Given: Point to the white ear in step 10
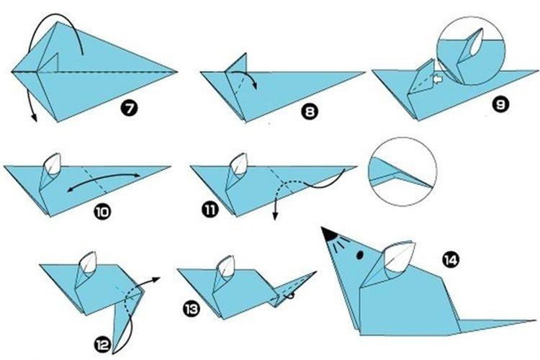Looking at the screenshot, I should pos(53,166).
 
